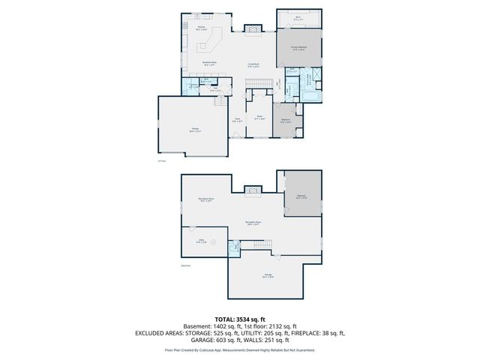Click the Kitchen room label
coord(201,28)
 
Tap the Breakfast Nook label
coord(209,64)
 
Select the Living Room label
coord(253,65)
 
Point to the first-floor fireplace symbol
coord(254,29)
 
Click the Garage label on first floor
coord(194,130)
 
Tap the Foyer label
coord(236,118)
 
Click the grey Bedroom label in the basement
coord(301,196)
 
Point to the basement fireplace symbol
coord(254,190)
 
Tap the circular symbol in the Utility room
coord(212,241)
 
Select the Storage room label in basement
coord(268,275)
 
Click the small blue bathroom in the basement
coord(234,246)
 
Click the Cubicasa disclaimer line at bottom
coord(239,349)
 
